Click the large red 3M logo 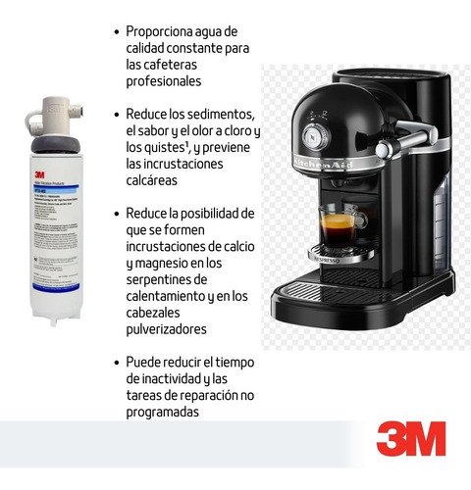pyautogui.click(x=410, y=438)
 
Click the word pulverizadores pyautogui.click(x=172, y=329)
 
